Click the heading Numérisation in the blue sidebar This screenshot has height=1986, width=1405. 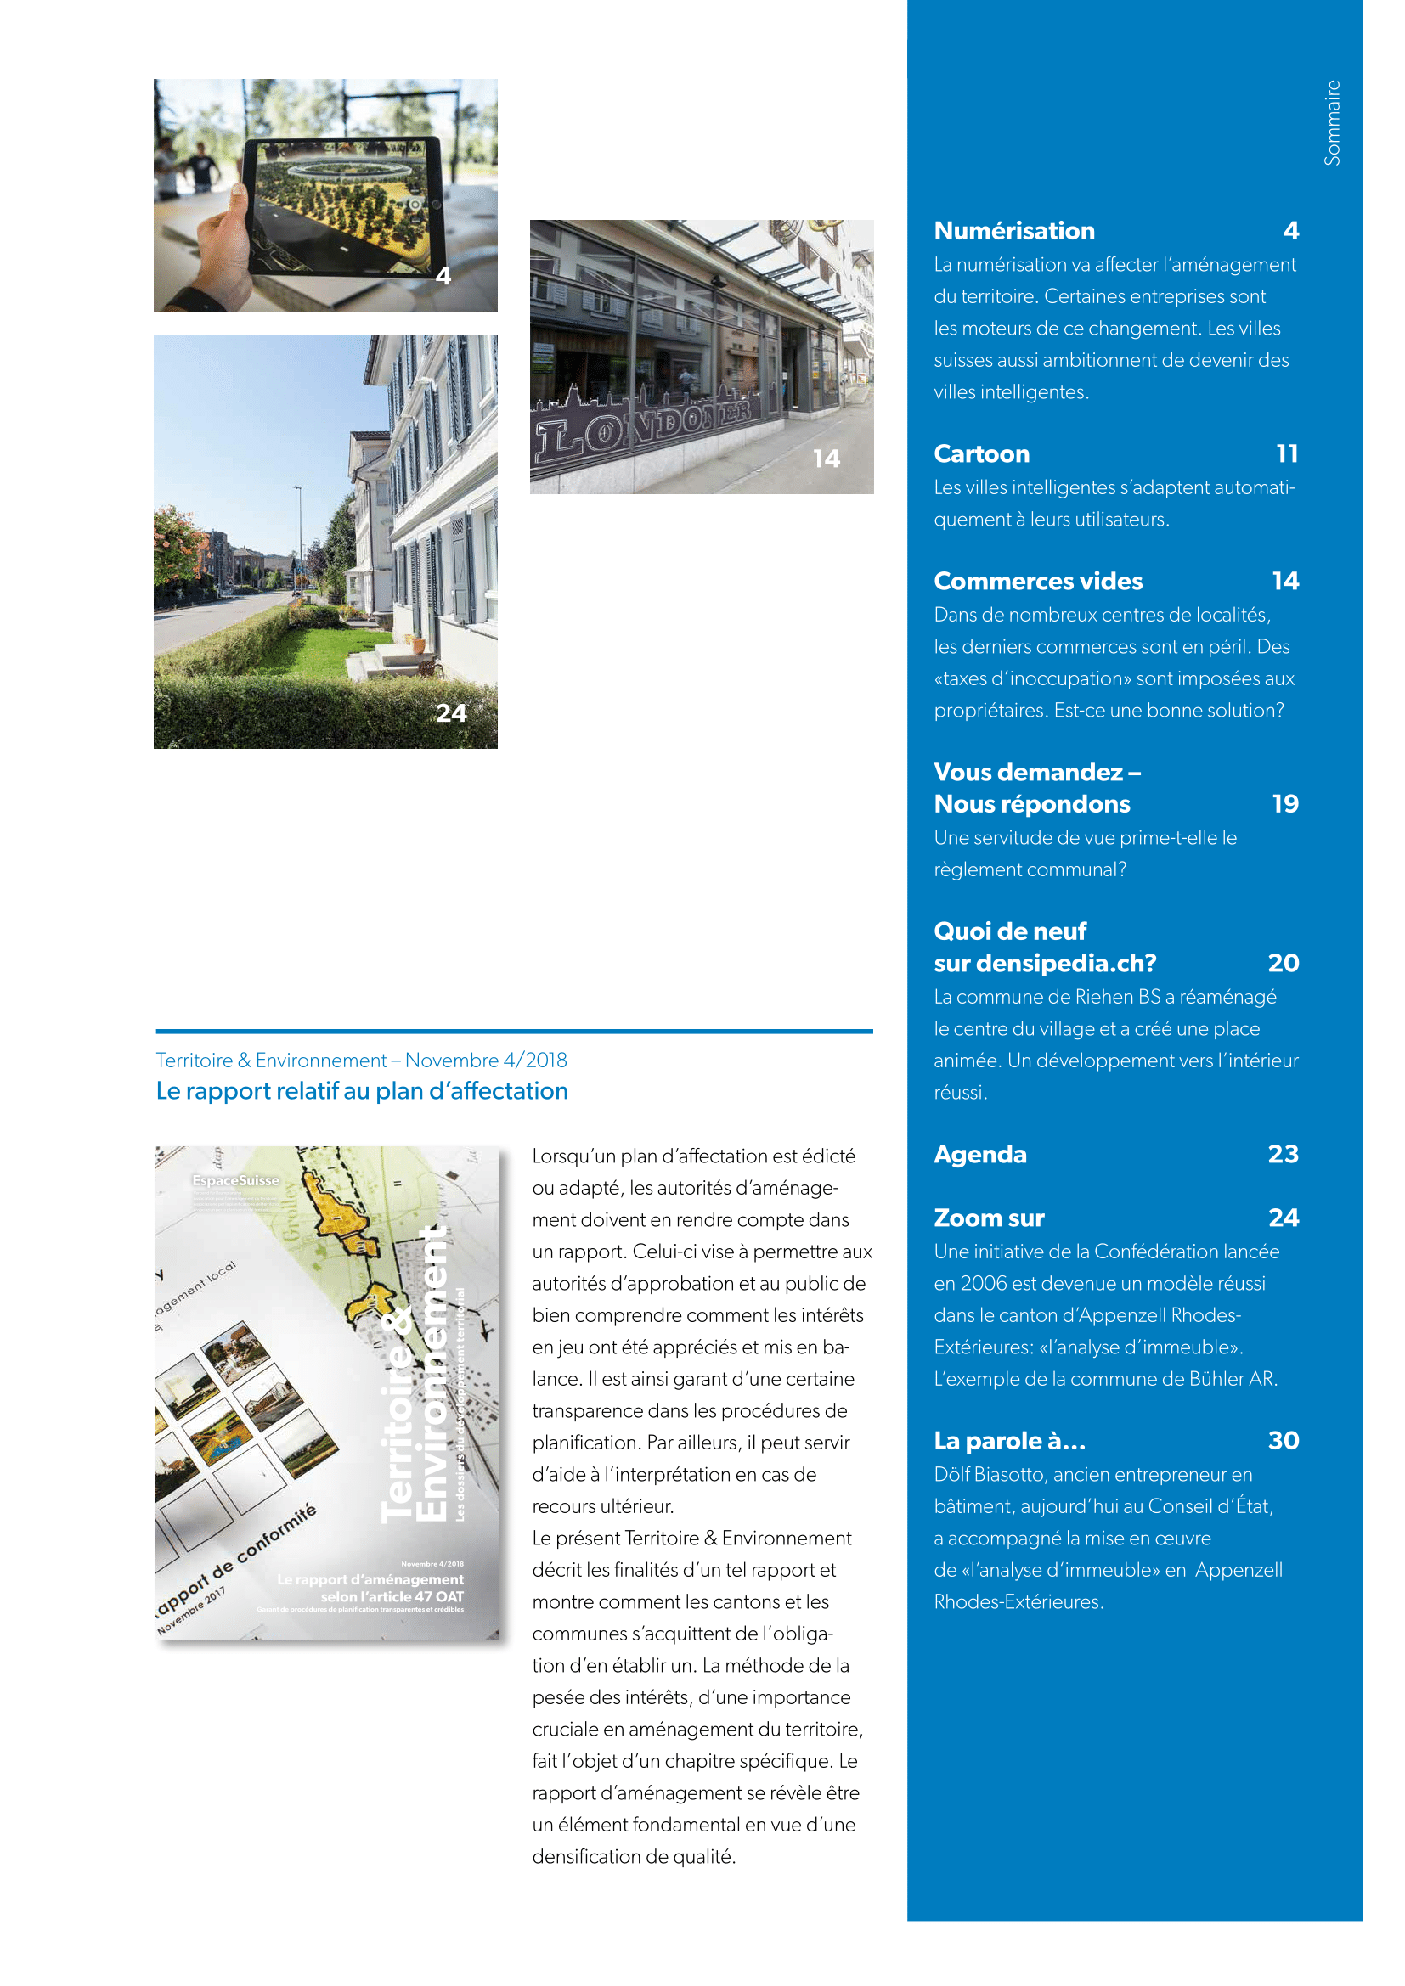[1014, 231]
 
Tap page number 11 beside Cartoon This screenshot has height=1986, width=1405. [1286, 454]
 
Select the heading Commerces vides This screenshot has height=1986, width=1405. [1037, 582]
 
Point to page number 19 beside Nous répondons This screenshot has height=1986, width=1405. [1284, 804]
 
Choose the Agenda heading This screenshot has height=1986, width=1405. [979, 1155]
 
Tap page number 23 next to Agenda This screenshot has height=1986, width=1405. [1283, 1155]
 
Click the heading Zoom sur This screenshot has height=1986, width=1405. [989, 1218]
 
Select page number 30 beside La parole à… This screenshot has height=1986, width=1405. [1283, 1441]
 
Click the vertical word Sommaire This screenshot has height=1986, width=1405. [1332, 123]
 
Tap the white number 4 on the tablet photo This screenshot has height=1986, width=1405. [443, 276]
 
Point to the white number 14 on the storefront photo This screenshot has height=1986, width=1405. [827, 459]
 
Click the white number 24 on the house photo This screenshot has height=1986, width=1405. [451, 712]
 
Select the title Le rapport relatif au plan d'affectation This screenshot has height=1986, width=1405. [362, 1092]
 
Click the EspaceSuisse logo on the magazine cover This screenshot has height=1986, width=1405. [235, 1181]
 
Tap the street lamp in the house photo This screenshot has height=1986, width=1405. [299, 537]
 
